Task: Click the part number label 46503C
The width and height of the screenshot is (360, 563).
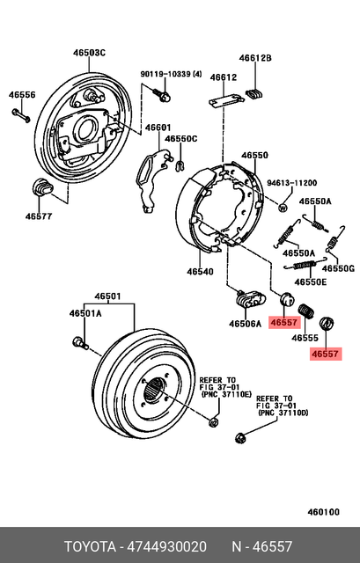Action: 89,53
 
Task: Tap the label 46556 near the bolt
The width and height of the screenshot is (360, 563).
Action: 23,94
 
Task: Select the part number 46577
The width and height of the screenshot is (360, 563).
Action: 38,216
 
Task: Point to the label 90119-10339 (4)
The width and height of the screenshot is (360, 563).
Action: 172,74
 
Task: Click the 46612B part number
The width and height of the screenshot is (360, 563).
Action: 257,58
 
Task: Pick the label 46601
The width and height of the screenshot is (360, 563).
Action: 158,127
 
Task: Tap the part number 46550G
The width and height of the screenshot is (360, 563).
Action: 337,268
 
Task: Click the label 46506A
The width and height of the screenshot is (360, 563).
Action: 246,323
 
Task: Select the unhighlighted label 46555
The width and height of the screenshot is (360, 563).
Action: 305,337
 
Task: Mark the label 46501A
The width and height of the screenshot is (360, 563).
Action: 86,312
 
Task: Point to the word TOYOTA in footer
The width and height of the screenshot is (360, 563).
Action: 93,545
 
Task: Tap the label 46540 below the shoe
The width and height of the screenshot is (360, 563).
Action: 201,273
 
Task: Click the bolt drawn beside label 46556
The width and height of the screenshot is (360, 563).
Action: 22,115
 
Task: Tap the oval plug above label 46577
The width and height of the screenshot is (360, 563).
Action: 43,186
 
